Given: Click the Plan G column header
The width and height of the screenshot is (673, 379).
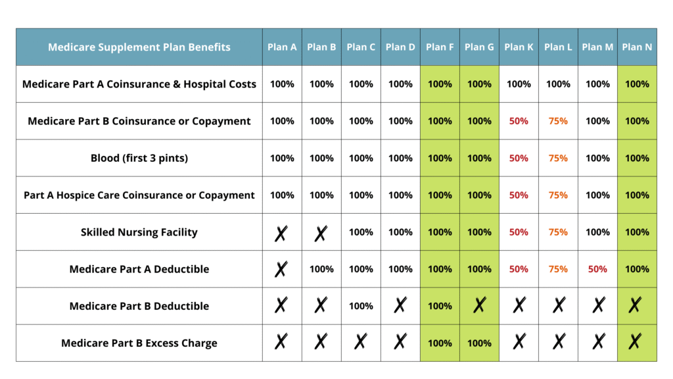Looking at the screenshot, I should coord(479,47).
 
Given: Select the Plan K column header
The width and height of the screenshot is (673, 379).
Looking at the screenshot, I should coord(519,47).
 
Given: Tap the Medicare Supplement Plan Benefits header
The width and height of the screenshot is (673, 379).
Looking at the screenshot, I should coord(139,47).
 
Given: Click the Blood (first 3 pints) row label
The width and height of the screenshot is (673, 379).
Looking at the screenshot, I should coord(139,158).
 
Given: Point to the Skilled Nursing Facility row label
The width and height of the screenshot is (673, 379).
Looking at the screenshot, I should coord(139,232).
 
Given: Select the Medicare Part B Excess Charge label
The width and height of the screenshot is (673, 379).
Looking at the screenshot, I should coord(139,343).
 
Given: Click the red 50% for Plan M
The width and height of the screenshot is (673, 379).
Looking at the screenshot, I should coord(597,269).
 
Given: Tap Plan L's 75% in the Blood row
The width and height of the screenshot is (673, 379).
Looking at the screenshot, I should coord(558,158).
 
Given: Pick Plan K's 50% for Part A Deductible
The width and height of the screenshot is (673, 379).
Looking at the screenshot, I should coord(519,269).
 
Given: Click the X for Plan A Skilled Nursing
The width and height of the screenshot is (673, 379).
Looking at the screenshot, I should coord(281,233).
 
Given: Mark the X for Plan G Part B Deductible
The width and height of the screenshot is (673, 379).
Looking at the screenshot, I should coord(479,305).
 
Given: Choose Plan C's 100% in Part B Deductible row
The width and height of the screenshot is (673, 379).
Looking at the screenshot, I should coord(361,306).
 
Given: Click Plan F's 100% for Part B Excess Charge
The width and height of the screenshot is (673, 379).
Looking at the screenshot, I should coord(440,343).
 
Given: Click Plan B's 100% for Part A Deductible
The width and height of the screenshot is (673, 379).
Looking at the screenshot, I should coord(321,269).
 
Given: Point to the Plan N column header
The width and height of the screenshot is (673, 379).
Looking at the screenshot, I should coord(637,47).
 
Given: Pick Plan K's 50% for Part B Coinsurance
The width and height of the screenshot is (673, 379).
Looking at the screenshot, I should coord(519,121).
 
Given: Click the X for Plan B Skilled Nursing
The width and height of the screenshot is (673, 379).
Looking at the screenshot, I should coord(321,233).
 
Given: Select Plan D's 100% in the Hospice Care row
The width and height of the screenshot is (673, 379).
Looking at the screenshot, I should coord(400,195).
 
